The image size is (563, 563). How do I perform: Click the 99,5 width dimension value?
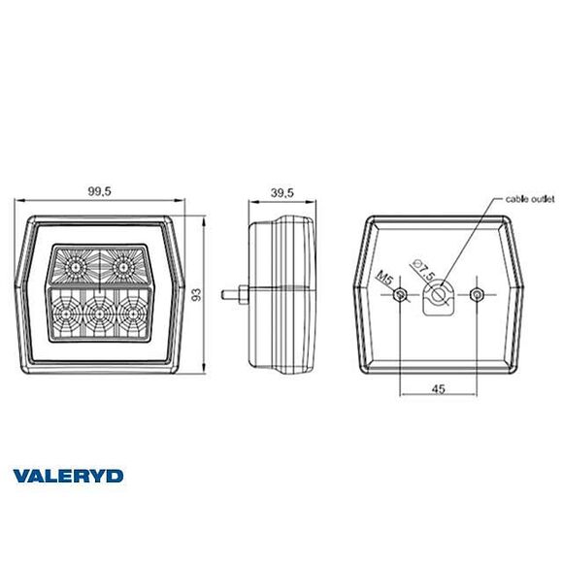(x=98, y=191)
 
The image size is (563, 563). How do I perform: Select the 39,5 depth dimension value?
(x=281, y=191)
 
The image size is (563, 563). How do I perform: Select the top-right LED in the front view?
(x=122, y=264)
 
